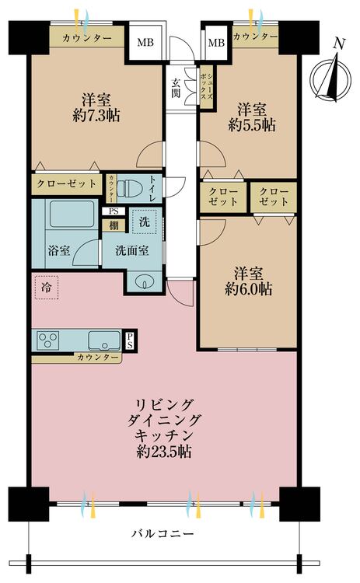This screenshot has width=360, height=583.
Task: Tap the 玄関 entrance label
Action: point(176,88)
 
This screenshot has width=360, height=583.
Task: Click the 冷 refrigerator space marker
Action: point(47,288)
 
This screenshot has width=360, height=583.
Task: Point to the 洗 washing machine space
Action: point(145,222)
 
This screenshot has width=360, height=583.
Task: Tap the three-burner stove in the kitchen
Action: point(48,340)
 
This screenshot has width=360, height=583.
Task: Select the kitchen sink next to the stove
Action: point(104,340)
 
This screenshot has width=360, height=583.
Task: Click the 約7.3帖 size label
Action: point(96,116)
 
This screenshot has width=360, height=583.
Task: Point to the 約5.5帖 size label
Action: point(252,125)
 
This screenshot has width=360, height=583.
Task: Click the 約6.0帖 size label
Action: point(249,289)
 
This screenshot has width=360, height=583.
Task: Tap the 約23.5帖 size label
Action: point(164,452)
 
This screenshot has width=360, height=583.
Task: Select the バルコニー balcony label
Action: point(163,534)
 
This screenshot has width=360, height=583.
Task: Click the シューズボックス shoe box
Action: point(206,86)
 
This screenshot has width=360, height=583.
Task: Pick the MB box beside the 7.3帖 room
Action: point(145,42)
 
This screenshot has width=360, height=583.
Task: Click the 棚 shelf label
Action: point(114,225)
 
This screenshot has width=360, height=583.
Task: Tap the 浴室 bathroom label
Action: point(59,250)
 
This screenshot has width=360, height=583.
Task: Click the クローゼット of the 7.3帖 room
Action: point(67,183)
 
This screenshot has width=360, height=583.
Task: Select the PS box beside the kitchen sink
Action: point(130,340)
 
